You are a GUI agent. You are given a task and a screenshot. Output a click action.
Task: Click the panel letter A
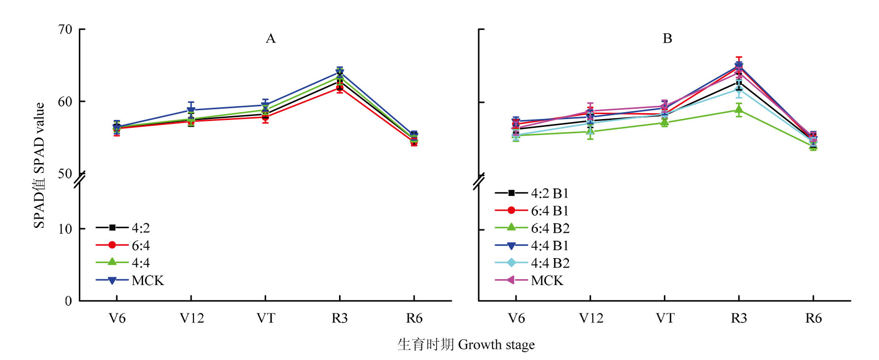pyautogui.click(x=270, y=39)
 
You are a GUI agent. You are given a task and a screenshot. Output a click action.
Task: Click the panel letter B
pyautogui.click(x=667, y=39)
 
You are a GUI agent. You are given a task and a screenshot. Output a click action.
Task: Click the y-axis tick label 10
pyautogui.click(x=65, y=229)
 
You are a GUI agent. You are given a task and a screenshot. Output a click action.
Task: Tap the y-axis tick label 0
pyautogui.click(x=69, y=301)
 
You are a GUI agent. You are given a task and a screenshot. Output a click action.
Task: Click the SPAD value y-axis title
pyautogui.click(x=39, y=165)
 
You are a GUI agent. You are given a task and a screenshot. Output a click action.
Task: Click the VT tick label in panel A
pyautogui.click(x=266, y=318)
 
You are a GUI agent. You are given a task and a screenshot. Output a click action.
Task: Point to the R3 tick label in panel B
pyautogui.click(x=739, y=318)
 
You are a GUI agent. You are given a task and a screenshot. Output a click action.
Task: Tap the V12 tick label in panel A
pyautogui.click(x=191, y=318)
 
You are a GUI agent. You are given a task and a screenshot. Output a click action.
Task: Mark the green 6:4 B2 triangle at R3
pyautogui.click(x=739, y=109)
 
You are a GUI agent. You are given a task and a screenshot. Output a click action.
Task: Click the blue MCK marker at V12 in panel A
pyautogui.click(x=191, y=110)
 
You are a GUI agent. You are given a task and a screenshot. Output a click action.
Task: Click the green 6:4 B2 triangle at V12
pyautogui.click(x=590, y=131)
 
